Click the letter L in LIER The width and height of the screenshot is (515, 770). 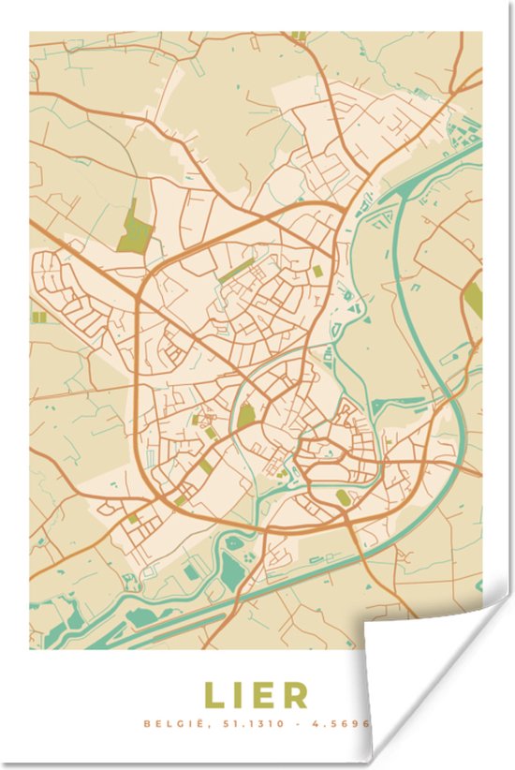point(214,695)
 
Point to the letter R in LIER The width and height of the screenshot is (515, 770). point(295,695)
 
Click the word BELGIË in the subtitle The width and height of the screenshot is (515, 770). point(168,724)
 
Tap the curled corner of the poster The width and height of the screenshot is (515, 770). point(421,656)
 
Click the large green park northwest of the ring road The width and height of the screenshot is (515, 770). point(136,228)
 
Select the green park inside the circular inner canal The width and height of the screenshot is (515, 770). point(245,416)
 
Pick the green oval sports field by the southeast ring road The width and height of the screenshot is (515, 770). point(344,498)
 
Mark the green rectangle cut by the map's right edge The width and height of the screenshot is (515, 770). point(474,299)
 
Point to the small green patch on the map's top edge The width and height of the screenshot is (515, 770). point(299,36)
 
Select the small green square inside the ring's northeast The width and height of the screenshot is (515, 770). point(316,271)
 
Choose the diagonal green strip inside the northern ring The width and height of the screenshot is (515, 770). point(236,273)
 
